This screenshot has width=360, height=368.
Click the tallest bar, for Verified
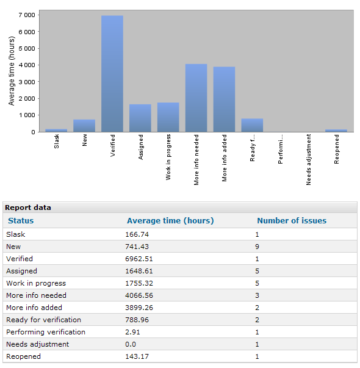pos(112,74)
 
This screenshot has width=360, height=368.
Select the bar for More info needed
pos(196,98)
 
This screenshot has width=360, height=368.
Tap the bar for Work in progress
pos(168,117)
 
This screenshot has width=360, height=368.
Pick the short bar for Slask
pos(56,131)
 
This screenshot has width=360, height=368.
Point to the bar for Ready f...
pos(252,125)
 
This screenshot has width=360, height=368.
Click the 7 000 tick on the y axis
pos(27,15)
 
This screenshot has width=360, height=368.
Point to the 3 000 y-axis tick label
pos(27,82)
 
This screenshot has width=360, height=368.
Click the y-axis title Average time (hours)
pos(12,71)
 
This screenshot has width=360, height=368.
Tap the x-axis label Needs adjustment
pos(308,160)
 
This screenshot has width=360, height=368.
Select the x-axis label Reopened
pos(336,149)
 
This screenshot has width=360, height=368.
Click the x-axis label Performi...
pos(280,149)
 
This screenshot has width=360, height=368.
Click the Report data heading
pos(28,207)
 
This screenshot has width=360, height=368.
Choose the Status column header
pos(21,220)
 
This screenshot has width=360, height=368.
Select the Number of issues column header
pos(292,220)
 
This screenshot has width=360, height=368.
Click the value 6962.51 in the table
pos(139,259)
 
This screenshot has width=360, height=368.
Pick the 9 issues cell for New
pos(257,247)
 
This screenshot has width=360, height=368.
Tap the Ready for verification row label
pos(43,320)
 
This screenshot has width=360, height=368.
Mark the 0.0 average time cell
pos(131,344)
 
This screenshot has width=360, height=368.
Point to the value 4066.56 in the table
pos(139,295)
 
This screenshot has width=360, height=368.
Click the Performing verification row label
pos(46,332)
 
